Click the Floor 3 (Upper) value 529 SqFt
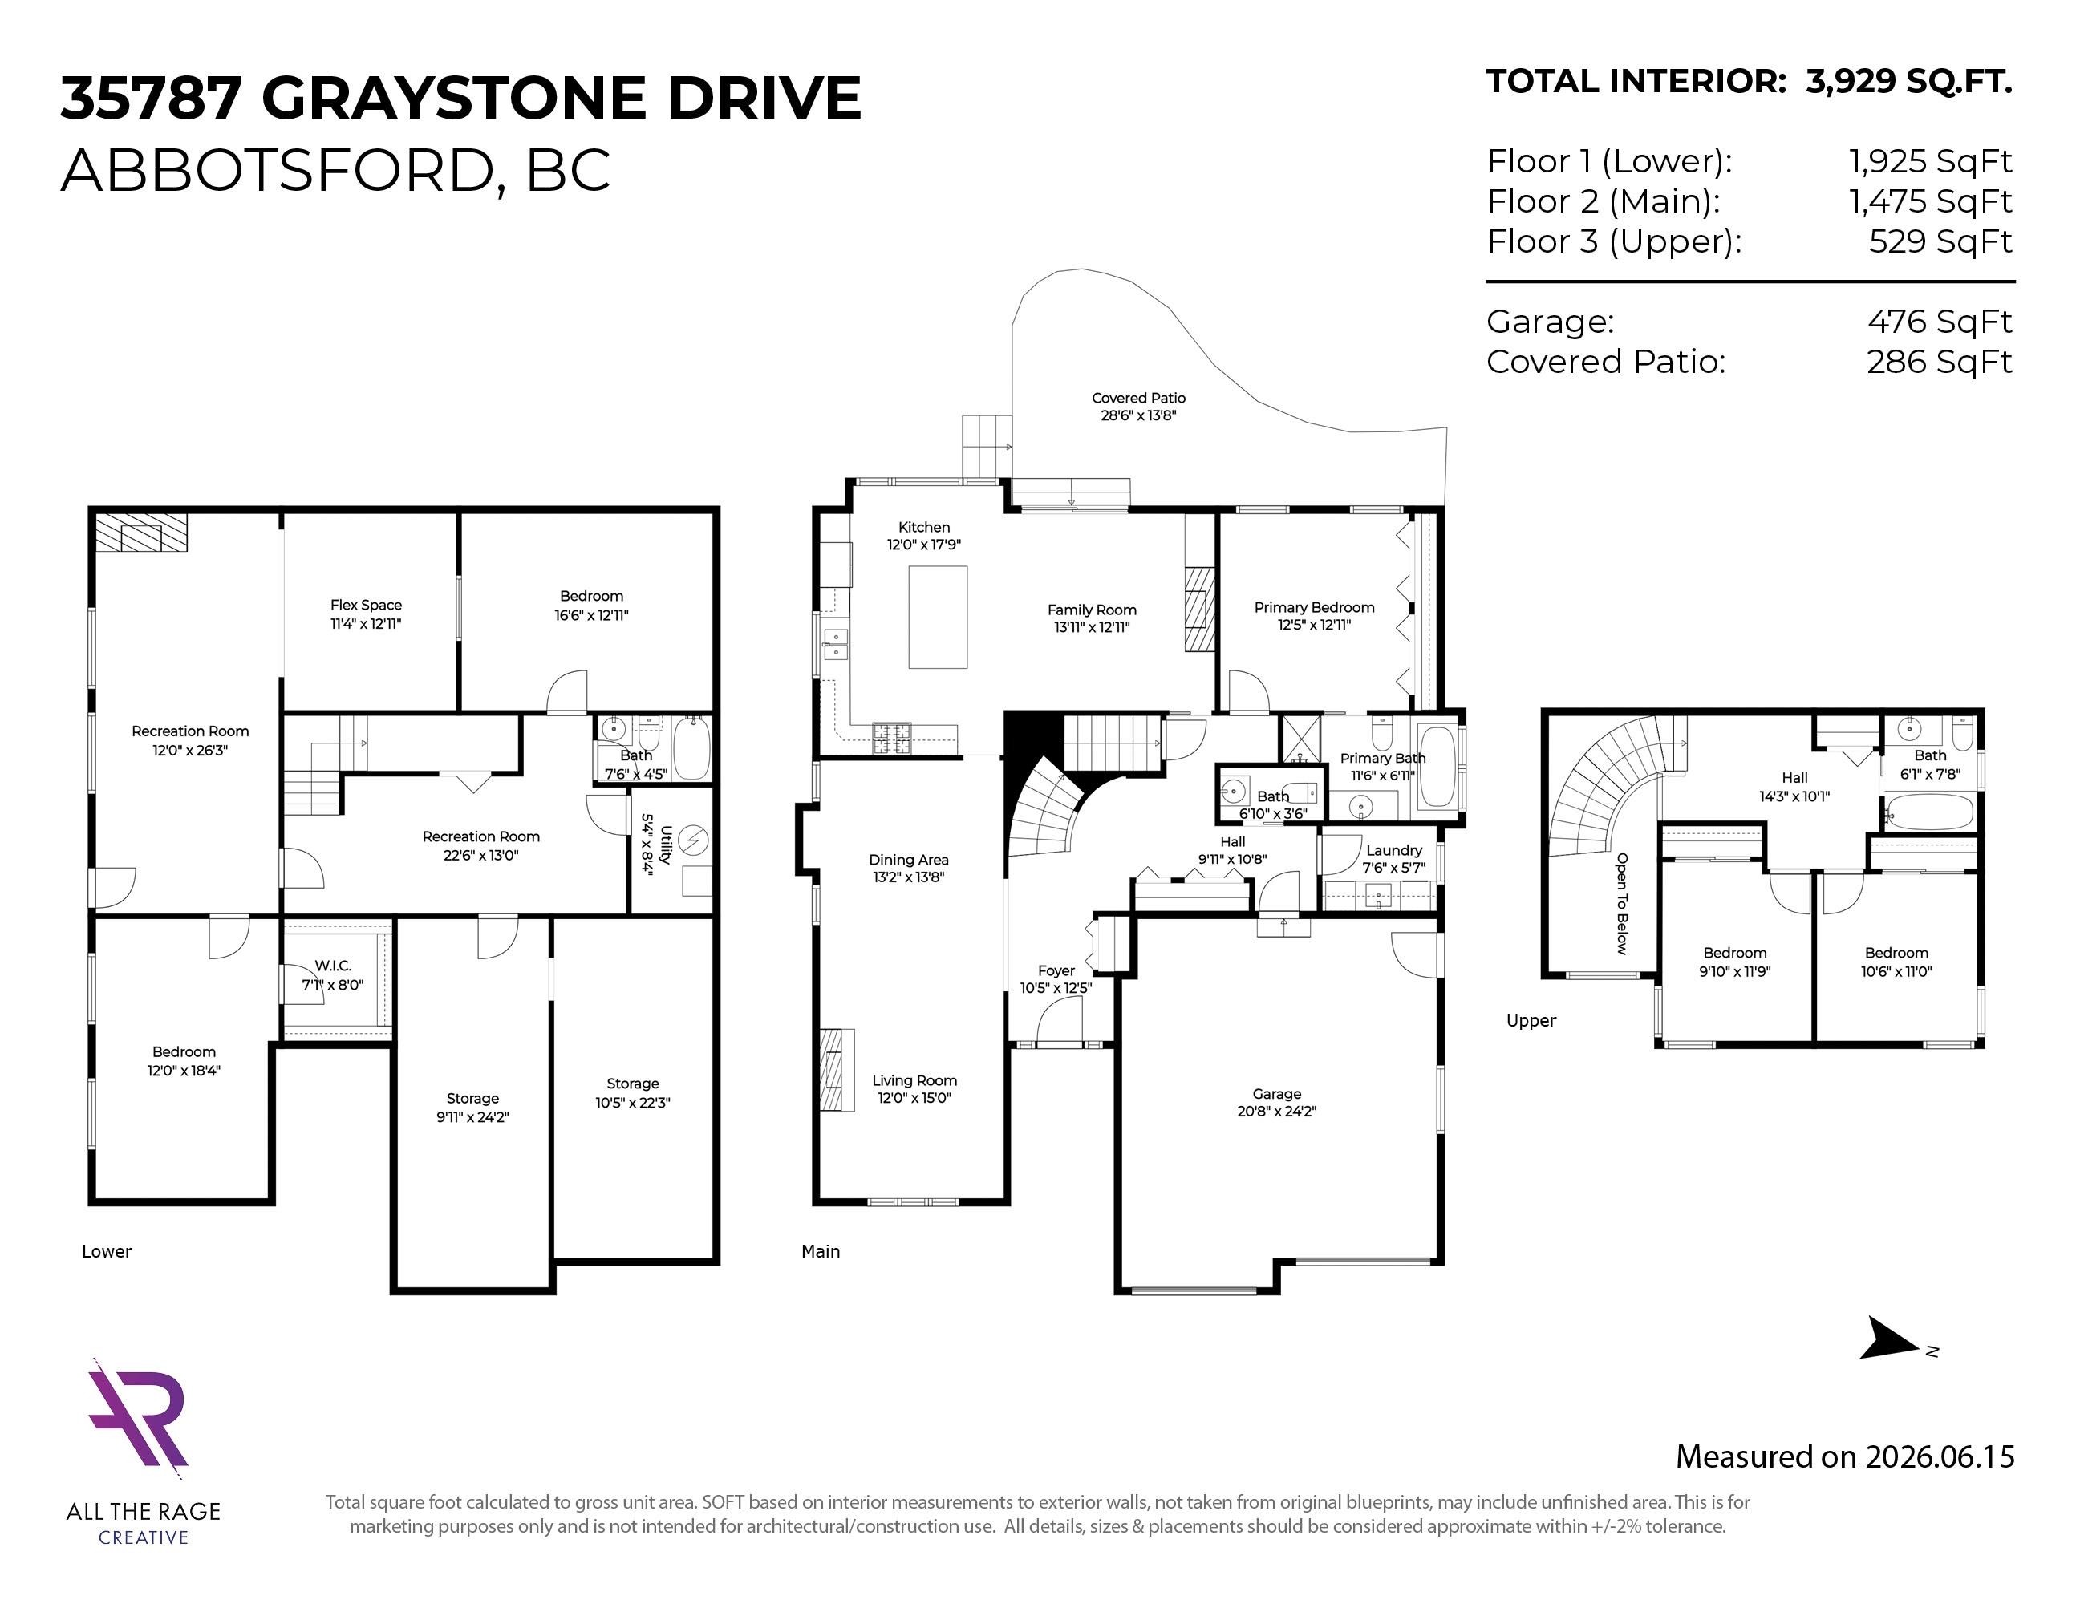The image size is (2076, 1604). pyautogui.click(x=1940, y=241)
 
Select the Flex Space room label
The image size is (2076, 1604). pyautogui.click(x=366, y=605)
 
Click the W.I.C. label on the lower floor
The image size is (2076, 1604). pyautogui.click(x=333, y=966)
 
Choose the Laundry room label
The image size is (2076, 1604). pyautogui.click(x=1393, y=850)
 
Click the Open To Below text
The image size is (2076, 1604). pyautogui.click(x=1622, y=904)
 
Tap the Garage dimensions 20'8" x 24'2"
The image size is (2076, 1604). pyautogui.click(x=1276, y=1111)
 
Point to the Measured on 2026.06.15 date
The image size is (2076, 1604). pyautogui.click(x=1844, y=1456)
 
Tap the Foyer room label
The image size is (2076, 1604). pyautogui.click(x=1056, y=970)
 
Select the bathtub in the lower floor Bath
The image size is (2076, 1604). pyautogui.click(x=691, y=749)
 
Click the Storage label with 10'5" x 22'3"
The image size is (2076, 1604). pyautogui.click(x=633, y=1084)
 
